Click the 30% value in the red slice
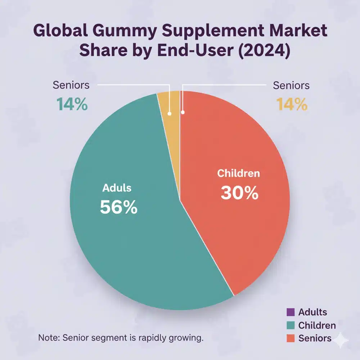click(239, 193)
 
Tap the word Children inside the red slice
click(238, 174)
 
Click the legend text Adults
click(313, 312)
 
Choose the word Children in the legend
click(317, 325)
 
